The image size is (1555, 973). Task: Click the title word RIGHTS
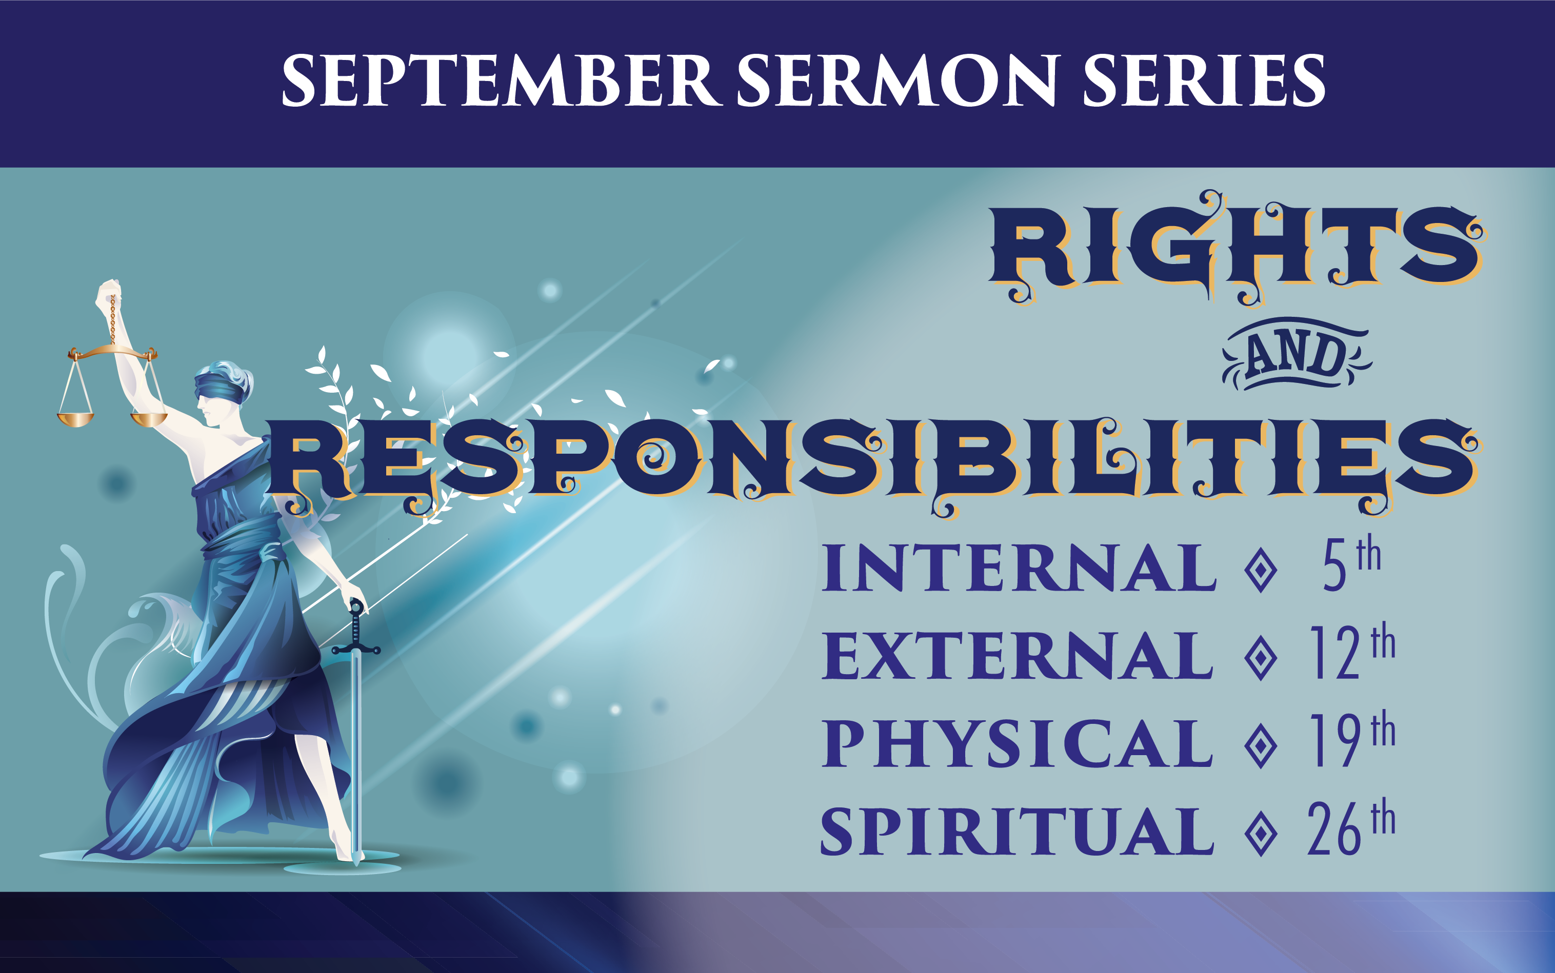pyautogui.click(x=1236, y=248)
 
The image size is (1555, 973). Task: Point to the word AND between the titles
pyautogui.click(x=1297, y=354)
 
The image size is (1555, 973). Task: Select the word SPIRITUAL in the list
pyautogui.click(x=1017, y=832)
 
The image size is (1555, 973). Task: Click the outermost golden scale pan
pyautogui.click(x=75, y=419)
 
